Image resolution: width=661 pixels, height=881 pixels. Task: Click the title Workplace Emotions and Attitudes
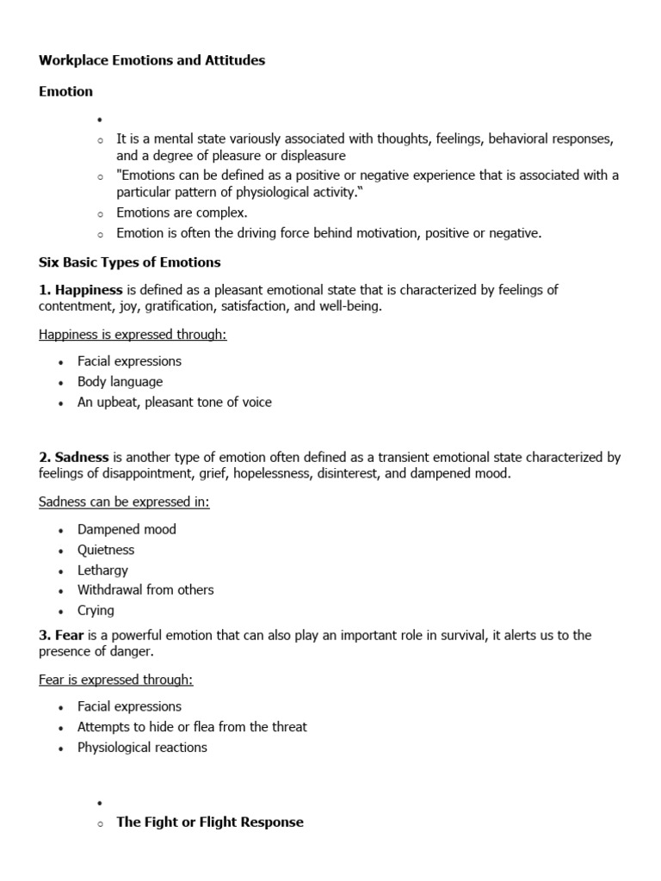coord(151,60)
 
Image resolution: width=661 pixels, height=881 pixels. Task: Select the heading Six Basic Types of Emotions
coord(130,262)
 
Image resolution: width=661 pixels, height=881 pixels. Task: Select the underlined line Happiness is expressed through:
coord(133,335)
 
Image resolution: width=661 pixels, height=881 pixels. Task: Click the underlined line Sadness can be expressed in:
coord(124,502)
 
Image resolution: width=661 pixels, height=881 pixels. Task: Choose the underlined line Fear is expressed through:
coord(116,680)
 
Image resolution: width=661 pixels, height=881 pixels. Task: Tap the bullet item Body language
coord(120,382)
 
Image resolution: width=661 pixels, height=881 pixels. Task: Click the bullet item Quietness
coord(106,550)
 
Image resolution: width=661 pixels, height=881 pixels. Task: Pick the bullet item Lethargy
coord(102,570)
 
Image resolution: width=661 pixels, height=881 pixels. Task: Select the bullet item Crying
coord(96,610)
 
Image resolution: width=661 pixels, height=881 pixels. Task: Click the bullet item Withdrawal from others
coord(145,590)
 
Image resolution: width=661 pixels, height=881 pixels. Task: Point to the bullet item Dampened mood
coord(127,529)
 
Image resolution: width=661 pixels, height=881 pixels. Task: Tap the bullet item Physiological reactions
coord(142,748)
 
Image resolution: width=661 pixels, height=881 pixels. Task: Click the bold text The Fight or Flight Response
coord(210,822)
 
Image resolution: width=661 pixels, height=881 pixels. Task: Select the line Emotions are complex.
coord(182,213)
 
